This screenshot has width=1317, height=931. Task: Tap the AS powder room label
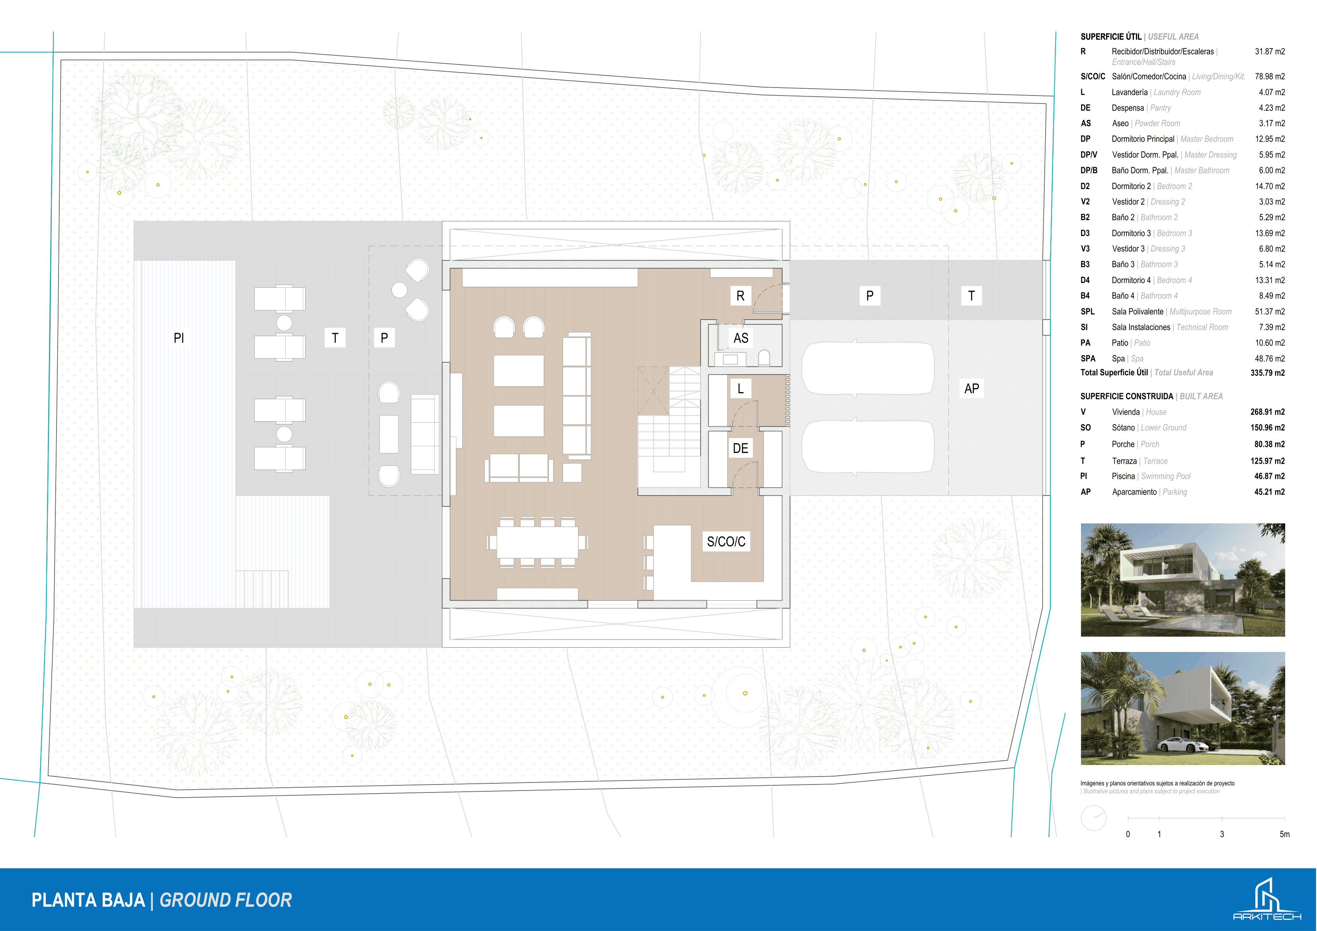pos(741,338)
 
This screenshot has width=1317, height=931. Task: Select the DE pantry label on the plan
pos(741,448)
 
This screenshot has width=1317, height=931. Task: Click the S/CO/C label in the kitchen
pos(726,541)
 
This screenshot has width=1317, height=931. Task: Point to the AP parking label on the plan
pos(972,388)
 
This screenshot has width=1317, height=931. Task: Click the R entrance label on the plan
pos(741,296)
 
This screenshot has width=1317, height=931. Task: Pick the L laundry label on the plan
pos(741,388)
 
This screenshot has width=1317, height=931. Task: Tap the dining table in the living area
pos(537,542)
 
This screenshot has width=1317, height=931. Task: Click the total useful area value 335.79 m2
pos(1268,373)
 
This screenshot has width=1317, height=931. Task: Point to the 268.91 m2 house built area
pos(1268,412)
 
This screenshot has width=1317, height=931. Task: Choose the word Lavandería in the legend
pos(1130,92)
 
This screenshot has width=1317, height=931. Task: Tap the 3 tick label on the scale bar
pos(1222,834)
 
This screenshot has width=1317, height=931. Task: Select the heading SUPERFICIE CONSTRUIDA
pos(1127,396)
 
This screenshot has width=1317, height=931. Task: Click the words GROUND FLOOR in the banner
pos(225,900)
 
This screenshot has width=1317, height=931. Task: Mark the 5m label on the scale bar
pos(1284,834)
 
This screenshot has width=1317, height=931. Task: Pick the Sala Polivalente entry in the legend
pos(1137,312)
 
